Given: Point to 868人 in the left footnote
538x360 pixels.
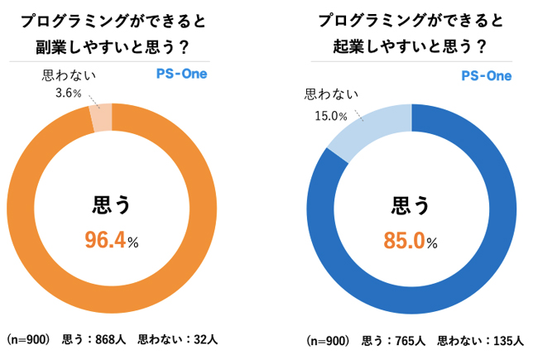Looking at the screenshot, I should (108, 338).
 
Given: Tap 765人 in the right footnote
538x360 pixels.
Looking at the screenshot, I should (408, 340).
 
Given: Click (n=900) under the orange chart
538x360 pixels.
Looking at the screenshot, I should (29, 338).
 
